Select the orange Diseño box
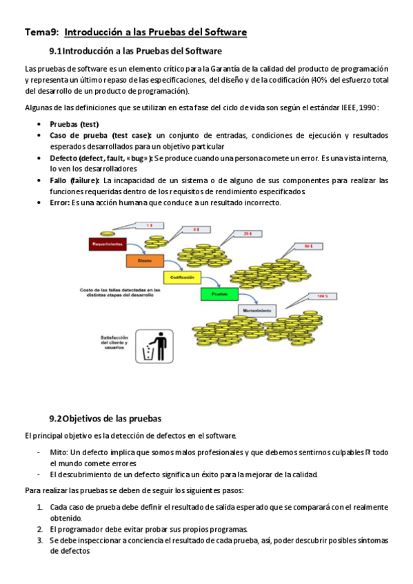pyautogui.click(x=144, y=261)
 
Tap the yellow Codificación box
pyautogui.click(x=182, y=278)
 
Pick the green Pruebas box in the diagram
pyautogui.click(x=219, y=294)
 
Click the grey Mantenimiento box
pyautogui.click(x=256, y=311)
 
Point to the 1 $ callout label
pyautogui.click(x=150, y=225)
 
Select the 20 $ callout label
pyautogui.click(x=248, y=234)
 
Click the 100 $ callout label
pyautogui.click(x=321, y=296)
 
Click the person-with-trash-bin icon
pyautogui.click(x=153, y=346)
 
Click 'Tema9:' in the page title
pyautogui.click(x=41, y=32)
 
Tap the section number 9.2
pyautogui.click(x=57, y=418)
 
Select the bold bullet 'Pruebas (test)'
pyautogui.click(x=74, y=124)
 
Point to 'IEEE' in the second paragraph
pyautogui.click(x=337, y=107)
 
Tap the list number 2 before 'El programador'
pyautogui.click(x=40, y=529)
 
